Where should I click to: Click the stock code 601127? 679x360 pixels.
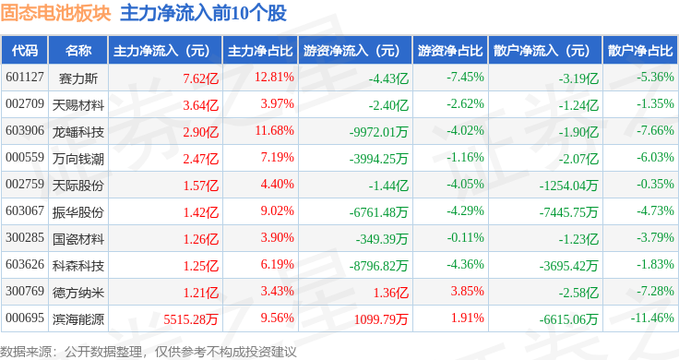[25, 78]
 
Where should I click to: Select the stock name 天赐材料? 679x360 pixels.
[78, 105]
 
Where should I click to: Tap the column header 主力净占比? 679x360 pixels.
[260, 51]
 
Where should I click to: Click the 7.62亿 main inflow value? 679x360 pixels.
[201, 78]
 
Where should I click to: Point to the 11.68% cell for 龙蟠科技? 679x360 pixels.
[275, 130]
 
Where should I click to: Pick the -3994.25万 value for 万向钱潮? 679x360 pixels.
[379, 159]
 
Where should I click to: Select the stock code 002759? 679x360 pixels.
[25, 184]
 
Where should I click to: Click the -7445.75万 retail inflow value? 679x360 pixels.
[568, 212]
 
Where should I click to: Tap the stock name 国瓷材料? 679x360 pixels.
[78, 239]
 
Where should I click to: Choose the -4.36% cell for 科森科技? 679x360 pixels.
[466, 264]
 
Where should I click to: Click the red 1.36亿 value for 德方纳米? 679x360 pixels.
[391, 293]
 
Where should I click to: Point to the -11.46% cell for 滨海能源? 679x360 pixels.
[652, 318]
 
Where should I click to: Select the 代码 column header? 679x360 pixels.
[25, 51]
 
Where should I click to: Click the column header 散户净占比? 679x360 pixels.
[640, 51]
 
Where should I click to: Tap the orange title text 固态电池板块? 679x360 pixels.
[56, 14]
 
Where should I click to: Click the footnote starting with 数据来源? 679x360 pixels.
[149, 352]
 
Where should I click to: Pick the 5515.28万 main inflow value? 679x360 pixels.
[191, 319]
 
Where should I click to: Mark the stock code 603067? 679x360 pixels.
[25, 211]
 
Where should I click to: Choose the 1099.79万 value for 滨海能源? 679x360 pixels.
[381, 319]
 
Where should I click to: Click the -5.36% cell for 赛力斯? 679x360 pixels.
[655, 78]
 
